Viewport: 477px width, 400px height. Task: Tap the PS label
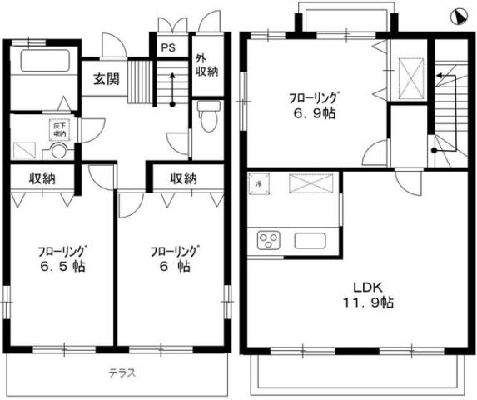pos(168,47)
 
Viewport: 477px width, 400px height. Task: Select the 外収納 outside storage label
pos(206,66)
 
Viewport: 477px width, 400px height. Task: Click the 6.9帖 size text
pos(314,113)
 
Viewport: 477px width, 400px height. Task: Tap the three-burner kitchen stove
pos(271,241)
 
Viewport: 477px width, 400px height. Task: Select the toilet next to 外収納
pos(206,117)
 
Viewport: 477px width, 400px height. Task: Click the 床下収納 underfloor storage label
pos(60,129)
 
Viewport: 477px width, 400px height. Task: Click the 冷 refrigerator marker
pos(260,183)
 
